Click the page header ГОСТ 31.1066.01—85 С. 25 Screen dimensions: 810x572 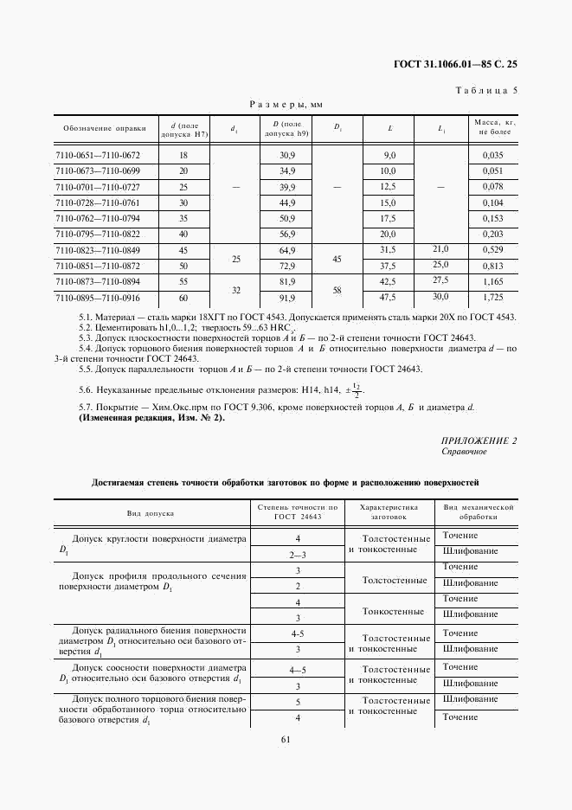coord(455,64)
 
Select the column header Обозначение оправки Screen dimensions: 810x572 coord(98,129)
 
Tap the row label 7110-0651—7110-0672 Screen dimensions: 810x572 coord(98,155)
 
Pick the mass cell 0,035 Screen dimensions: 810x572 coord(492,155)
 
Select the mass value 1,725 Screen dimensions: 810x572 coord(492,298)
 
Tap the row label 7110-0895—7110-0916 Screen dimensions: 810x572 coord(98,298)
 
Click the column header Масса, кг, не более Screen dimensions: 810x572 coord(493,129)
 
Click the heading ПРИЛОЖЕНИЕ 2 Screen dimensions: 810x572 coord(479,440)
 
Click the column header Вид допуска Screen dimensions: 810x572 coord(151,513)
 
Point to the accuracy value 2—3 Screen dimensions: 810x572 coord(298,552)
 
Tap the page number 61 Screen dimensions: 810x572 coord(286,738)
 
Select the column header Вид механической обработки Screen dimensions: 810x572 coord(479,512)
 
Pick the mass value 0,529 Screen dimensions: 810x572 coord(492,250)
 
